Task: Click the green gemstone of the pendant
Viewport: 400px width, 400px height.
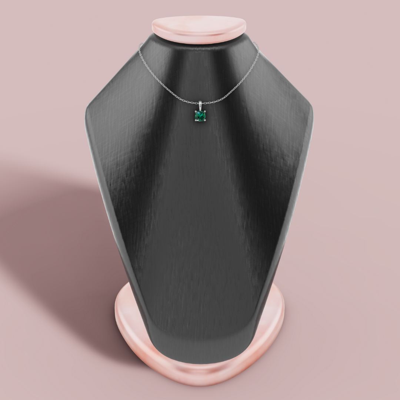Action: point(200,116)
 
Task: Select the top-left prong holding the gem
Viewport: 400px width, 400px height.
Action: point(196,111)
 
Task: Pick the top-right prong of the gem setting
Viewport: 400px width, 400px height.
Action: point(205,111)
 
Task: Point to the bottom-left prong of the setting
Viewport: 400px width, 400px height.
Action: point(196,120)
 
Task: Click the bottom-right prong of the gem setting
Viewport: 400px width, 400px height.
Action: point(205,120)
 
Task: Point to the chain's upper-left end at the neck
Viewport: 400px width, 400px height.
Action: point(140,46)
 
